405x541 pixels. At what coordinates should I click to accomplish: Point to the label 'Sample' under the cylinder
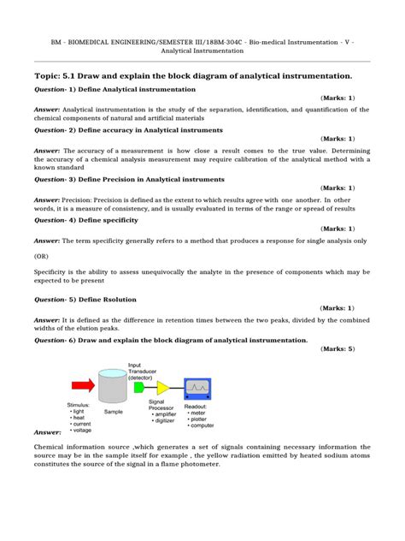(113, 411)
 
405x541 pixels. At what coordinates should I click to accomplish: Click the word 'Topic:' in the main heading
(50, 76)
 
